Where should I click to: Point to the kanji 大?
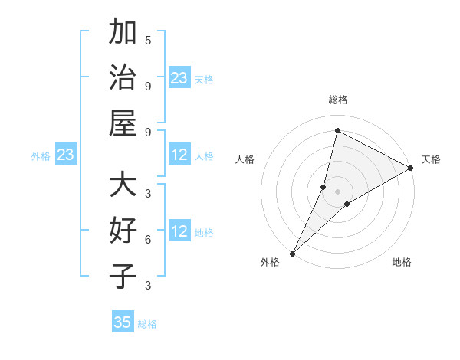pos(123,185)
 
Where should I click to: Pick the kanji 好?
pos(123,231)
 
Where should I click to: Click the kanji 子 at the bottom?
pos(123,276)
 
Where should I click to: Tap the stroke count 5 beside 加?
pos(148,40)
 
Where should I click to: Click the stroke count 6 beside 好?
pos(148,240)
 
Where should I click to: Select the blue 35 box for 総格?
pos(123,322)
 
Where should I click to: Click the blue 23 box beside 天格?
pos(179,77)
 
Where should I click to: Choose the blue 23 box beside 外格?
pos(66,155)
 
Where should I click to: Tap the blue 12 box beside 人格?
pos(179,155)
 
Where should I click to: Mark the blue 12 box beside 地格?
pos(179,231)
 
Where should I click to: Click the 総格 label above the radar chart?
pos(337,100)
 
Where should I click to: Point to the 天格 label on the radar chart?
pos(431,159)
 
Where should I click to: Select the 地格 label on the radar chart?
pos(402,262)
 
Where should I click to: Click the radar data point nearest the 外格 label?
pos(292,253)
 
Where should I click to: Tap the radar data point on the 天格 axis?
pos(411,168)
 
